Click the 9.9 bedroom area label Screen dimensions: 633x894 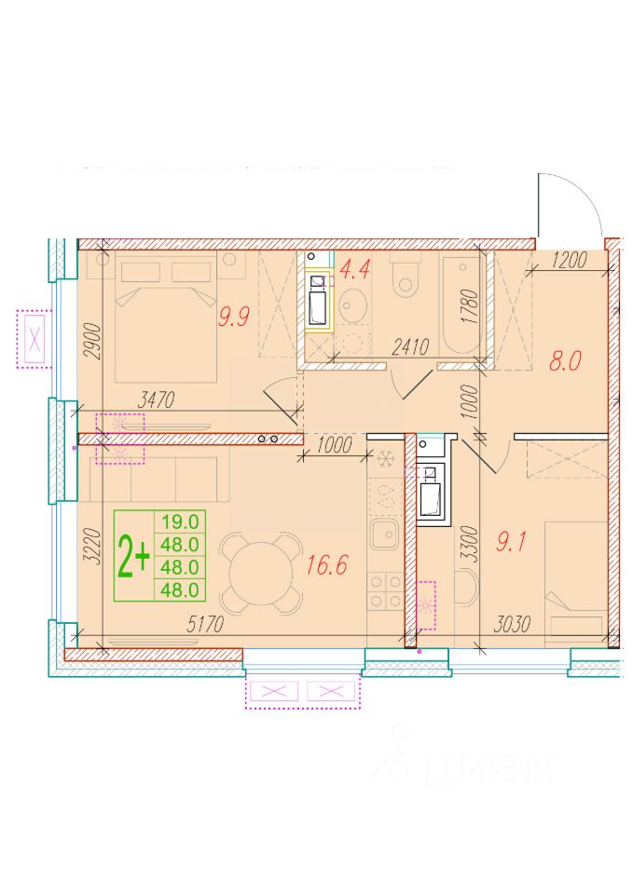pyautogui.click(x=234, y=316)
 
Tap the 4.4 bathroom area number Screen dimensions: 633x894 pyautogui.click(x=354, y=268)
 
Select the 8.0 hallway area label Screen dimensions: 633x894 pyautogui.click(x=565, y=361)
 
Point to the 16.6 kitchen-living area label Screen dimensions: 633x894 pyautogui.click(x=326, y=565)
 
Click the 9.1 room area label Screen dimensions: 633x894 pyautogui.click(x=510, y=542)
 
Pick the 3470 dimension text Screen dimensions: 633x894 pyautogui.click(x=156, y=400)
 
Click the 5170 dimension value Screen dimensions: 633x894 pyautogui.click(x=205, y=625)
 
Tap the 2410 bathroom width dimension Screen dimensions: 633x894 pyautogui.click(x=410, y=346)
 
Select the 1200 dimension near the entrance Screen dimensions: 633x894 pyautogui.click(x=569, y=260)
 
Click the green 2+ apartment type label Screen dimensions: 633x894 pyautogui.click(x=133, y=557)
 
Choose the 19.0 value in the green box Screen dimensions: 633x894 pyautogui.click(x=180, y=521)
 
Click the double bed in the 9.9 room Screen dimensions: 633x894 pyautogui.click(x=166, y=317)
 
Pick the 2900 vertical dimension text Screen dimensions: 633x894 pyautogui.click(x=92, y=341)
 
